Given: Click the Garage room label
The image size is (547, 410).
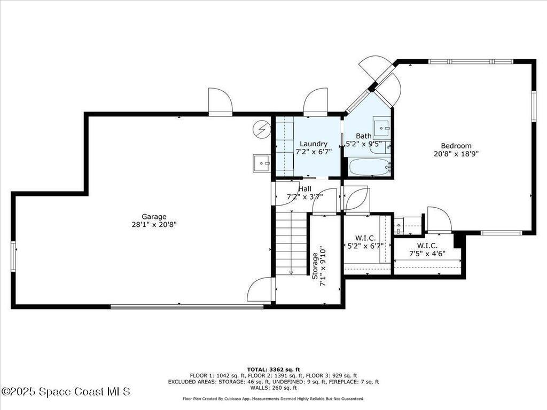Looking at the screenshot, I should click(154, 217).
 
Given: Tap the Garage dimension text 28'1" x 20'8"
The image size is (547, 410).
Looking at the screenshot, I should click(154, 225).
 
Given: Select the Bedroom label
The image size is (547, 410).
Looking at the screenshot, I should click(456, 146).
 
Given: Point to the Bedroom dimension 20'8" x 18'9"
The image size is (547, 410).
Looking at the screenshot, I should click(456, 154).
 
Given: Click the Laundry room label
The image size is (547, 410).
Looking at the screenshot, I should click(314, 144).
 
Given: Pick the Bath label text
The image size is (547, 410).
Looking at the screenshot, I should click(364, 136).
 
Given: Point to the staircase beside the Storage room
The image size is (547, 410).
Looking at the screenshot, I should click(291, 243).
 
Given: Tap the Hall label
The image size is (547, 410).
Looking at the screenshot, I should click(305, 188).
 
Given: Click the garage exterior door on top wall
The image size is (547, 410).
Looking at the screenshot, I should click(220, 101).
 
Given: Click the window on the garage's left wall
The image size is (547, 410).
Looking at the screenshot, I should click(13, 256).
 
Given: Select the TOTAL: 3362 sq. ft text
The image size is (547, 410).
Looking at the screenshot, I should click(273, 369).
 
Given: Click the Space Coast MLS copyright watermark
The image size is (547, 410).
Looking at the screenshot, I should click(65, 392).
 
